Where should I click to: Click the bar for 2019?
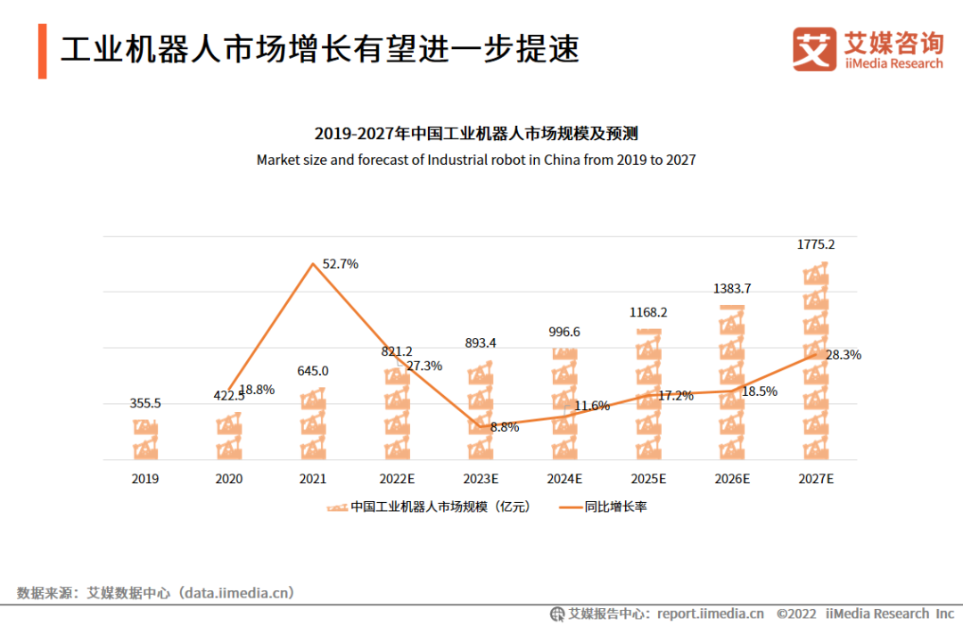(145, 439)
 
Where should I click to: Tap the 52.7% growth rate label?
(340, 264)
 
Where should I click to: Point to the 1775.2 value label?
(815, 243)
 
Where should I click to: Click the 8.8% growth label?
(505, 427)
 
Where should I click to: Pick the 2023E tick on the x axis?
(481, 479)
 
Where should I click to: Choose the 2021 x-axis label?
(313, 479)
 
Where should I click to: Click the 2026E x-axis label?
(732, 479)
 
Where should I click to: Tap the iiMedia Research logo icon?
(814, 49)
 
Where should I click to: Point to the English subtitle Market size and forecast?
(476, 161)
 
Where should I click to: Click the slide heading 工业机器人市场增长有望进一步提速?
(320, 49)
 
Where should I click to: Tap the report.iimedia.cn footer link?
(711, 614)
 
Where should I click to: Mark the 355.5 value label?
(145, 403)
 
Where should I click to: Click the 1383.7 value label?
(732, 288)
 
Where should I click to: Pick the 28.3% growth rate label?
(843, 355)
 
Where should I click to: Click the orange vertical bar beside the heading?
(42, 51)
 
